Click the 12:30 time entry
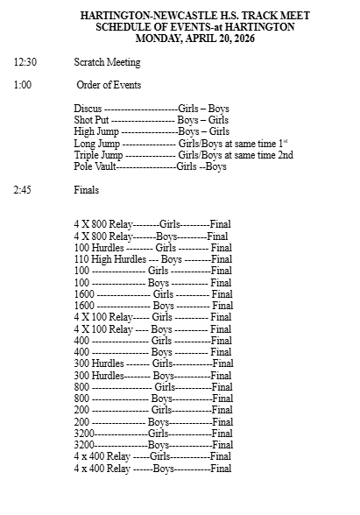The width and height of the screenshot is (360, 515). point(25,63)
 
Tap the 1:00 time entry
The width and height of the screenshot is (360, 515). point(23,86)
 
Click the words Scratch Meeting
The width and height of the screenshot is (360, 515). point(108,63)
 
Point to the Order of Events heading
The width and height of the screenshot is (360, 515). point(109,86)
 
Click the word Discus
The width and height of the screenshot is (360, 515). point(88,109)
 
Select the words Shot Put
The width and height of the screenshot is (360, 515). point(92,120)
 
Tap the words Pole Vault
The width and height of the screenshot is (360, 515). point(95,166)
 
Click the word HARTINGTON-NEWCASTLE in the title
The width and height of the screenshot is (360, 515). point(137,16)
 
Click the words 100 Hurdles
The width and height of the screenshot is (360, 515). point(99,248)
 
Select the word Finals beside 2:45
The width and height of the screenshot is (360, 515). point(87,189)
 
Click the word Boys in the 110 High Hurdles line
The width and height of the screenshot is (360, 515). point(172,259)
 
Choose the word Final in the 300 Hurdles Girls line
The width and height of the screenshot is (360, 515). point(222,363)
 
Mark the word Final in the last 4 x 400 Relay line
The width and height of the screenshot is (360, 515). point(221,468)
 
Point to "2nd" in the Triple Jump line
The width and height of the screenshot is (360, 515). point(284,155)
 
